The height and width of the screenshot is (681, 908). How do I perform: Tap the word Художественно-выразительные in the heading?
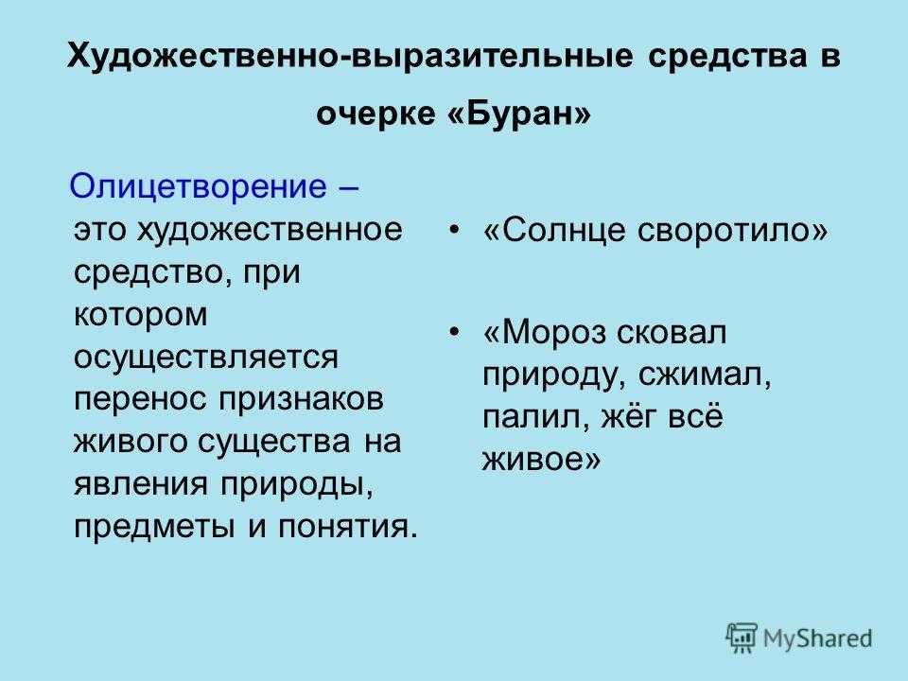[x=350, y=57]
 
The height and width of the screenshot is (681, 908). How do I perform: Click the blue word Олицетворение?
[x=198, y=186]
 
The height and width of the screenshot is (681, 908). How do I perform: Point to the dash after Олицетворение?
[x=346, y=188]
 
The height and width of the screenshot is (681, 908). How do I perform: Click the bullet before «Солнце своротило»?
[x=455, y=231]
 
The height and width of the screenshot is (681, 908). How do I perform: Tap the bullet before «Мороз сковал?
[x=455, y=333]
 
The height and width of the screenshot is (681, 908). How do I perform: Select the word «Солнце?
[x=554, y=230]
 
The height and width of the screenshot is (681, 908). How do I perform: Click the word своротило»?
[x=733, y=231]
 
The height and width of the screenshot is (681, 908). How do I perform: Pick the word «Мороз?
[x=544, y=333]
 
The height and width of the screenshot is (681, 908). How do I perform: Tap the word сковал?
[x=672, y=333]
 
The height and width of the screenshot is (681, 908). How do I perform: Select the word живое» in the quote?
[x=541, y=461]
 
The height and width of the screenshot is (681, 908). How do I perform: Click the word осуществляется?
[x=206, y=357]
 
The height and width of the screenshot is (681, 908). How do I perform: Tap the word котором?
[x=141, y=314]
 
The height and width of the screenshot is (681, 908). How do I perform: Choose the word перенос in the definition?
[x=140, y=400]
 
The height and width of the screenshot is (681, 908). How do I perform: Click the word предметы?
[x=154, y=528]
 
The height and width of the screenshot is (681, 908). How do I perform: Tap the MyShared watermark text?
[x=817, y=638]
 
